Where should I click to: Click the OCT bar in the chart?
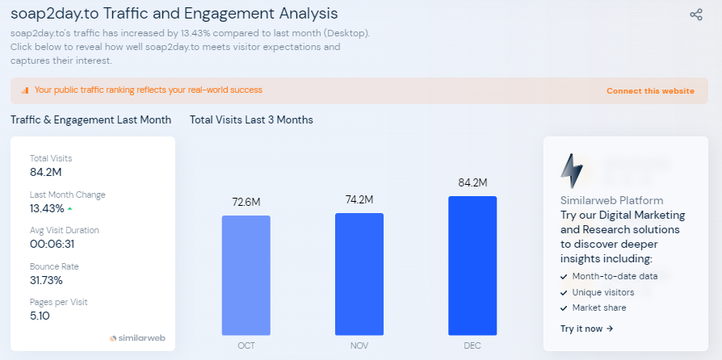click(x=246, y=274)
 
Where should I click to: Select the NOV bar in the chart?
click(x=359, y=274)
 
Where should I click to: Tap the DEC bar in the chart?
click(x=472, y=266)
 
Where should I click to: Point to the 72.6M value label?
click(x=246, y=202)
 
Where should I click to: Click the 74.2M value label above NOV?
click(x=359, y=199)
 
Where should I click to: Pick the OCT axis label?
click(x=246, y=345)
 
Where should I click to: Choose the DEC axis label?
click(x=472, y=345)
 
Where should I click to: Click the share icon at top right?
click(x=696, y=15)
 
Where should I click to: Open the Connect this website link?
click(x=650, y=91)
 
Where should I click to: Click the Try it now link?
click(x=587, y=329)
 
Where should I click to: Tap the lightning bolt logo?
click(x=572, y=170)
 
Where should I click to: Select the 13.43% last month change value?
click(x=47, y=208)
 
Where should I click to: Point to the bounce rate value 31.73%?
click(x=46, y=280)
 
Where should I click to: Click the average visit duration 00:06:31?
click(x=52, y=244)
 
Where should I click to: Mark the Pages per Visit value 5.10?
click(x=40, y=316)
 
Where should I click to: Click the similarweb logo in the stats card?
click(x=136, y=337)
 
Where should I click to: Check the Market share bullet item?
click(x=598, y=308)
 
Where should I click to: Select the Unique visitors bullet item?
click(x=602, y=292)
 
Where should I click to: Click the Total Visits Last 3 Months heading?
click(x=251, y=119)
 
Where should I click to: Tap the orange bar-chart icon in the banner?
click(x=25, y=90)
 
